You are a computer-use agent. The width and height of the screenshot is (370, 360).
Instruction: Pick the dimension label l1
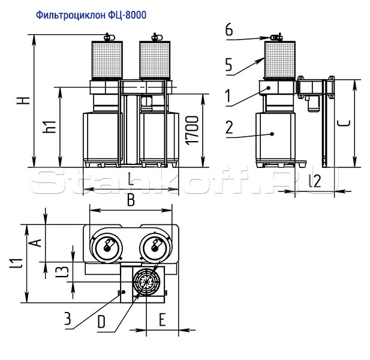(17, 263)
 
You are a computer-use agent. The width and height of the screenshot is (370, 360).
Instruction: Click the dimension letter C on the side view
(344, 124)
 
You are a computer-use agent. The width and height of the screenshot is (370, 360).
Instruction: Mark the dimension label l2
(314, 179)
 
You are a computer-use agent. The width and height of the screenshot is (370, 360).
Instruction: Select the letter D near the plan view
(101, 322)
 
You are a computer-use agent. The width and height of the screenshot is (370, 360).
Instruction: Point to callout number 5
(229, 65)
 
